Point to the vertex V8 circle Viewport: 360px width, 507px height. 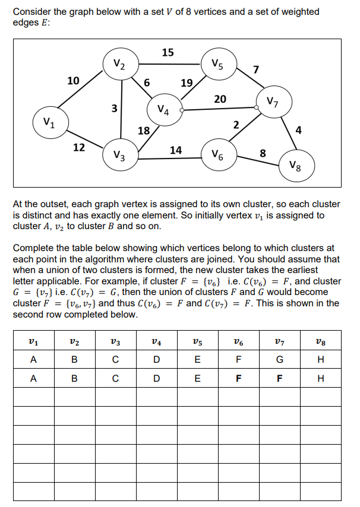pyautogui.click(x=297, y=164)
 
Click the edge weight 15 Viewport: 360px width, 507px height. pyautogui.click(x=168, y=52)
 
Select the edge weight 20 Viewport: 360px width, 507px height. pyautogui.click(x=220, y=99)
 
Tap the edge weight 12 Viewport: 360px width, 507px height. pyautogui.click(x=78, y=147)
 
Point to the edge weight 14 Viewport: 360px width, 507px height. pyautogui.click(x=175, y=150)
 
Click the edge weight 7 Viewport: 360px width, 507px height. pyautogui.click(x=255, y=71)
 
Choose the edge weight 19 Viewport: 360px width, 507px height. pyautogui.click(x=186, y=83)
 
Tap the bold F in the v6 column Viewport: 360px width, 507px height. pyautogui.click(x=238, y=378)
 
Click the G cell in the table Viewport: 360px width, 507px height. pyautogui.click(x=279, y=359)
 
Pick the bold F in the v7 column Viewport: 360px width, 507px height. pyautogui.click(x=279, y=378)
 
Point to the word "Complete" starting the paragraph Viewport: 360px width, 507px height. pyautogui.click(x=33, y=248)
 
